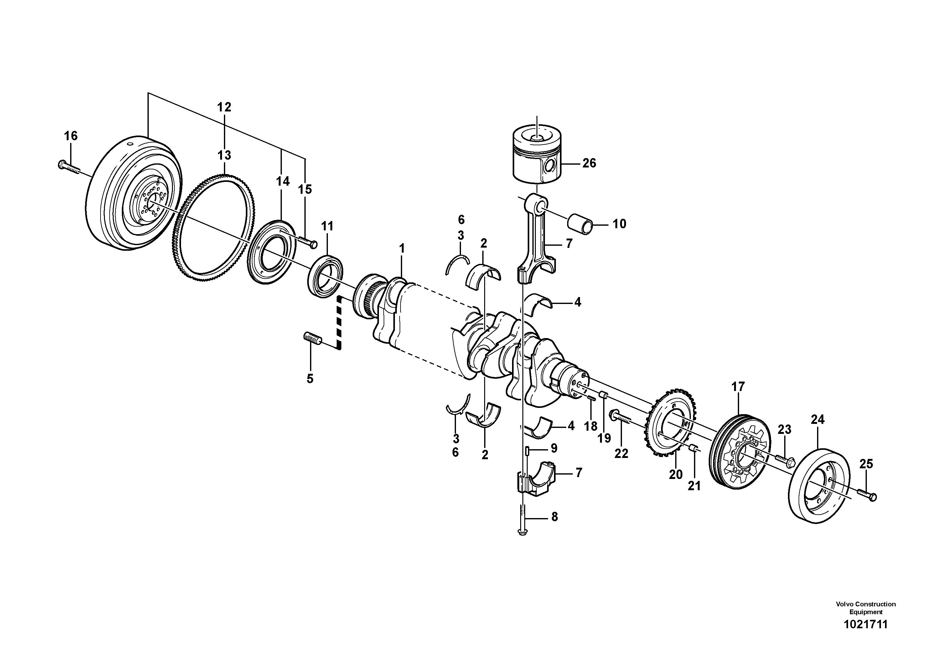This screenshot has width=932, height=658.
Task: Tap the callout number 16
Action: click(71, 136)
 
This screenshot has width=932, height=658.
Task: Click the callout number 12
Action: click(224, 107)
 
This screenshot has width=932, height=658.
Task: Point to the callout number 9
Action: click(554, 448)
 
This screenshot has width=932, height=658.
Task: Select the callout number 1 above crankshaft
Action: click(402, 249)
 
